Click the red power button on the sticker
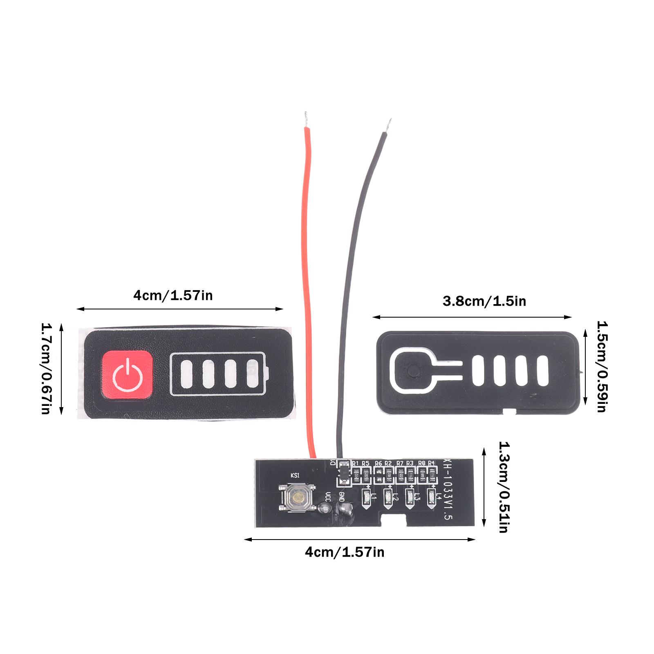tap(127, 373)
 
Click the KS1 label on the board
tap(295, 475)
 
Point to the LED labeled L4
tap(431, 497)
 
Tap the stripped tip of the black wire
tap(389, 124)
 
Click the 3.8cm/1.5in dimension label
tap(484, 302)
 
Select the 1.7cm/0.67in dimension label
tap(45, 368)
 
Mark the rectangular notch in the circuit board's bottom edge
tap(393, 520)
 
